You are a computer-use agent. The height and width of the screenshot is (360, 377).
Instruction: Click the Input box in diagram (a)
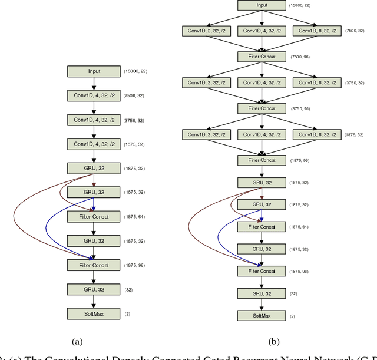point(94,71)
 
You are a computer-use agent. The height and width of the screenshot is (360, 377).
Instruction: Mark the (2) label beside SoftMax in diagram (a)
point(127,313)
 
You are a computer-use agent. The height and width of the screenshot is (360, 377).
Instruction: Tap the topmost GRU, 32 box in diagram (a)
point(94,169)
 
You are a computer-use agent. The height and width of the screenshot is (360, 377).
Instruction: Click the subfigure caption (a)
point(77,341)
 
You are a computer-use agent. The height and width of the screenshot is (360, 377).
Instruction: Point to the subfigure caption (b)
point(273,341)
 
